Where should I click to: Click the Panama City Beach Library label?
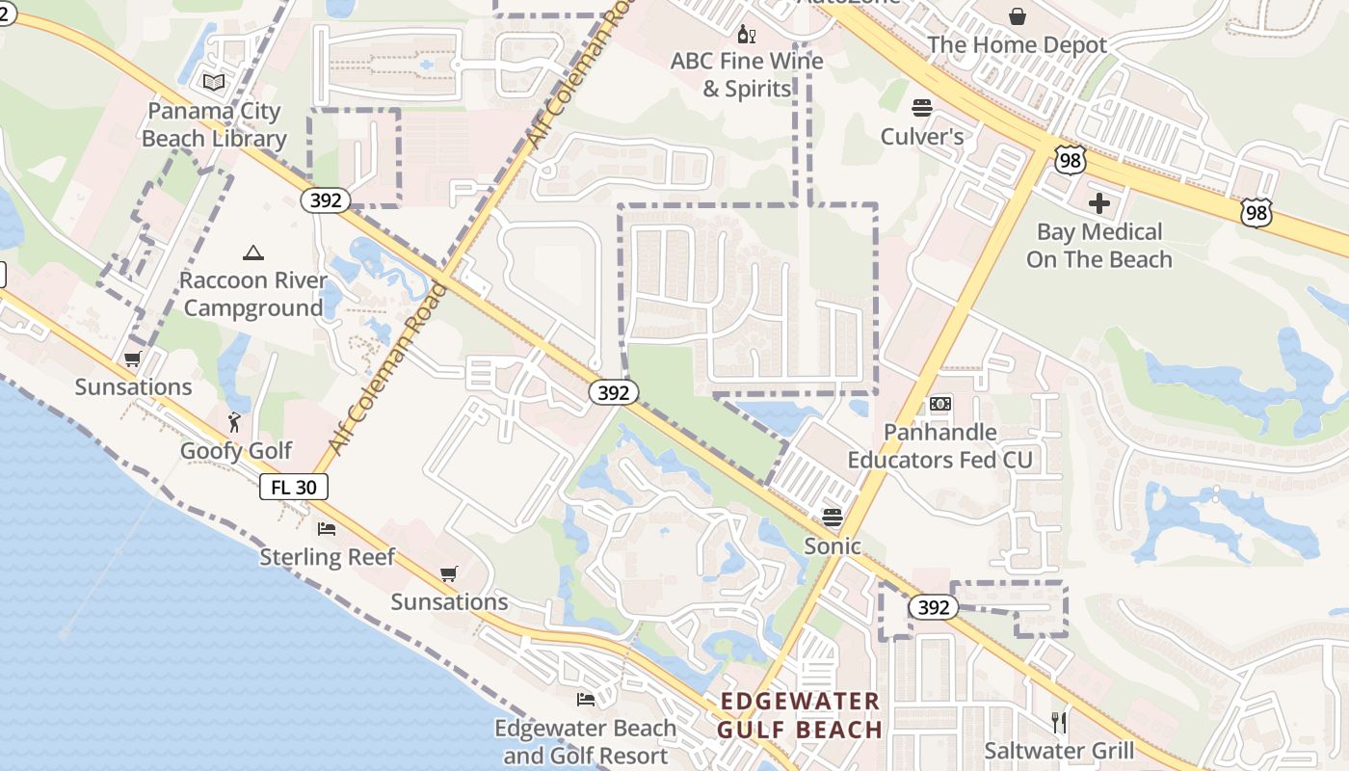point(214,124)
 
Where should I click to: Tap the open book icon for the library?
point(214,83)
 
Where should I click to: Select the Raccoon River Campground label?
point(253,294)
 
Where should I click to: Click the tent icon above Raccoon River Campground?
point(253,253)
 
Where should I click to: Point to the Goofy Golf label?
point(236,451)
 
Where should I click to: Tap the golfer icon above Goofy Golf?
point(234,421)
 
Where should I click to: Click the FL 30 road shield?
point(294,487)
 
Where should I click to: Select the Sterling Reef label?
point(328,557)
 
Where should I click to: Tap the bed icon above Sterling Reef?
point(328,528)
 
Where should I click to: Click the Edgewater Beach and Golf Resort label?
point(585,741)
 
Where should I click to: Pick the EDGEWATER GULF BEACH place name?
point(800,715)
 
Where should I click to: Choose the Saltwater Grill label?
point(1059,750)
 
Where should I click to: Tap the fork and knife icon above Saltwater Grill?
point(1059,722)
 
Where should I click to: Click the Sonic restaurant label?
point(833,545)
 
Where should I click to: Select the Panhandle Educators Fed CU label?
point(939,445)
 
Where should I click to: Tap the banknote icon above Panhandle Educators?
point(940,404)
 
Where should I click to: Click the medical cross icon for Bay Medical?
point(1098,203)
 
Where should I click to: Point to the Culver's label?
point(922,137)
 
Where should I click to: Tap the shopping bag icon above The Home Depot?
point(1017,16)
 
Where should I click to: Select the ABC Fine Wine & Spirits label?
point(747,75)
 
